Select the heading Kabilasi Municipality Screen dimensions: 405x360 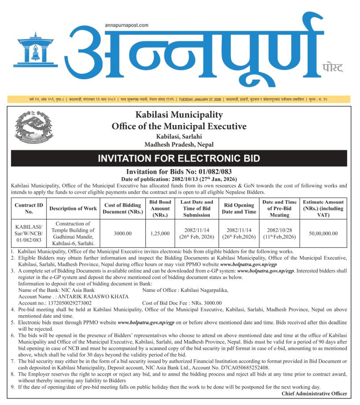tap(179, 115)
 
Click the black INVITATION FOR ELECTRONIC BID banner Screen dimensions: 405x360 tap(179, 158)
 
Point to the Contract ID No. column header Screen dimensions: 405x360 tap(29, 208)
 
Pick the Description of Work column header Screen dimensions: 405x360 tap(73, 208)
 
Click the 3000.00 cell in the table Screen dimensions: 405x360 tap(123, 233)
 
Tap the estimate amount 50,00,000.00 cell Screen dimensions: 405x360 tap(323, 233)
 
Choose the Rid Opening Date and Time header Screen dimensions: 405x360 tap(239, 208)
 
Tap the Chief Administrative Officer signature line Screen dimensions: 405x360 tap(314, 393)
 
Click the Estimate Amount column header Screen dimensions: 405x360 tap(323, 208)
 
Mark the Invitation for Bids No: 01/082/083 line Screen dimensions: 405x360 tap(179, 171)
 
